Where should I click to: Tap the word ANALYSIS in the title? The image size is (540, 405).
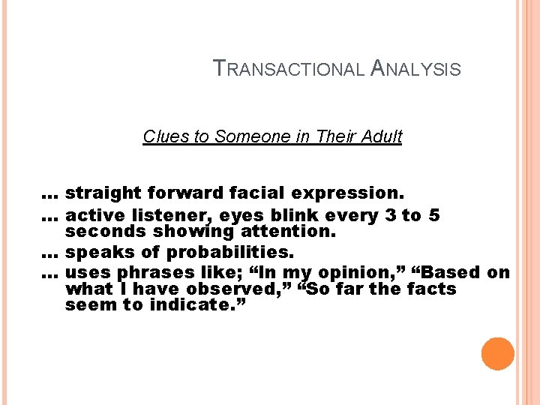(x=416, y=69)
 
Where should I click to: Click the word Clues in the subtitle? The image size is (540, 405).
(x=160, y=136)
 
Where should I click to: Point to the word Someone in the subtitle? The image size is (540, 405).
(x=244, y=136)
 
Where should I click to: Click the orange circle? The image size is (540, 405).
(x=498, y=354)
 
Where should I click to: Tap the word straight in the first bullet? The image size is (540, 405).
(x=96, y=193)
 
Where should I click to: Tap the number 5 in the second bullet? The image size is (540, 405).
(x=434, y=216)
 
